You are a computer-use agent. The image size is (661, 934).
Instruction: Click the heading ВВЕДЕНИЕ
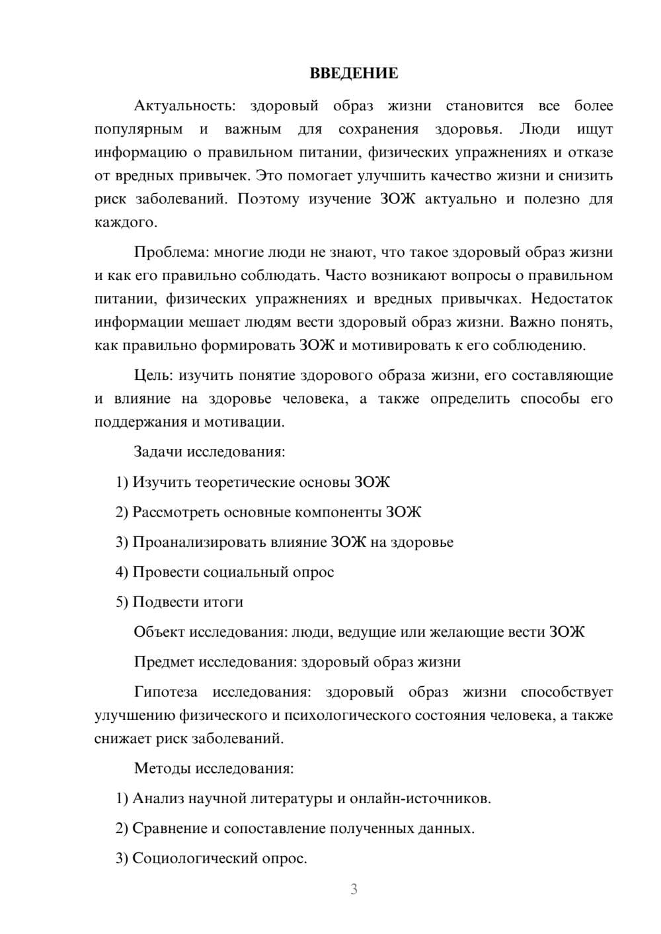click(354, 73)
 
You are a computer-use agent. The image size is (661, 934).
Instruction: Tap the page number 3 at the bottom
click(354, 889)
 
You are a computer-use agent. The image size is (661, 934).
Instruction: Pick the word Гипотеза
click(165, 692)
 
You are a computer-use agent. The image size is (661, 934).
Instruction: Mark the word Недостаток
click(572, 299)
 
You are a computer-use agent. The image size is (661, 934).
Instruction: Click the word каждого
click(126, 223)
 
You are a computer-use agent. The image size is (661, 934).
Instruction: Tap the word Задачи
click(158, 452)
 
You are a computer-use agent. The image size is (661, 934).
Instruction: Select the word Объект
click(159, 632)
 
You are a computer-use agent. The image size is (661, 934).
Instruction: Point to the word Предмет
click(164, 662)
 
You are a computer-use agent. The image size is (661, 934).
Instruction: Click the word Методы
click(162, 768)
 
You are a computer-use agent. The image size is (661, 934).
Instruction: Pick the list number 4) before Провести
click(122, 572)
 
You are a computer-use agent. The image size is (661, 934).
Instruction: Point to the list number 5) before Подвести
click(122, 602)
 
